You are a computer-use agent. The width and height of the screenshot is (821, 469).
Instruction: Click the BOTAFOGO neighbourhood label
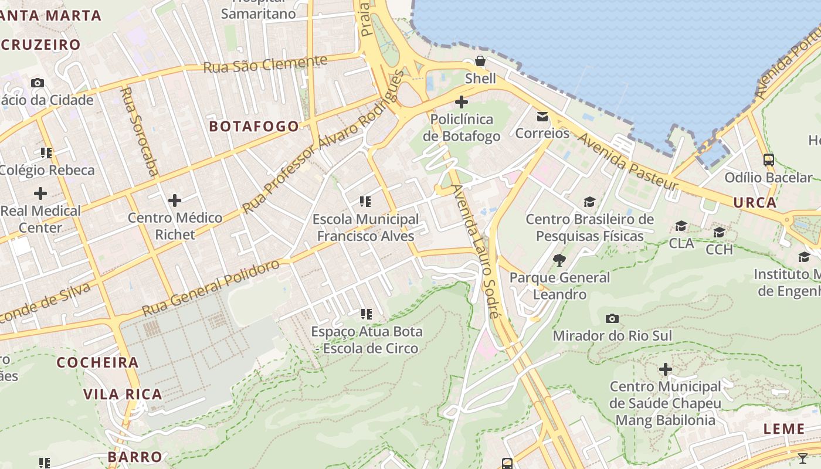coord(254,126)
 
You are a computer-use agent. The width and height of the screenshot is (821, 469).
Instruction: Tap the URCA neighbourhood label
coord(755,203)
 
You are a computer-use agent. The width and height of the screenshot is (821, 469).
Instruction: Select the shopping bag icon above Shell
coord(480,62)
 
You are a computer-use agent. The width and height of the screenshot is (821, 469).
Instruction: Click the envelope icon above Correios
coord(542,117)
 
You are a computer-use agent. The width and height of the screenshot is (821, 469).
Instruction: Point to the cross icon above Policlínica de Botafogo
coord(462,102)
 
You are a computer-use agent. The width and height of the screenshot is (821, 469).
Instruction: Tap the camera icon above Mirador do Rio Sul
coord(612,319)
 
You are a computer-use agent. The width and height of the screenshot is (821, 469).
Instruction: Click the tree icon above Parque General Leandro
coord(559,260)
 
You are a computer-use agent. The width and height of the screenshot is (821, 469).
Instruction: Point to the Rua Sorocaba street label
coord(139,131)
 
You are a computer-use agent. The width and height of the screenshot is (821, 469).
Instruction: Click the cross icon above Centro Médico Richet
coord(175,201)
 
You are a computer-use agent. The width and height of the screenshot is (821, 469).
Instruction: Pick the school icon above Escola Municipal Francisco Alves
coord(365,202)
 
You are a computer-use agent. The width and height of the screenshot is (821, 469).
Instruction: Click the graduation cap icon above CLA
coord(681,226)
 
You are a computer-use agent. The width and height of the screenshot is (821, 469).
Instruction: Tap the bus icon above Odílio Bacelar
coord(768,159)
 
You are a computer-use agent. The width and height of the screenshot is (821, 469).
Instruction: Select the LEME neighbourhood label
coord(783,429)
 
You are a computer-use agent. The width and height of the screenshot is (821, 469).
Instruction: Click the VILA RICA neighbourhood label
coord(123,394)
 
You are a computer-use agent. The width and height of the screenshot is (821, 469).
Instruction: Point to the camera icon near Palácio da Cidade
coord(38,83)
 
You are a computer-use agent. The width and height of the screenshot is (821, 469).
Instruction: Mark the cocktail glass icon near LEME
coord(803,458)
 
